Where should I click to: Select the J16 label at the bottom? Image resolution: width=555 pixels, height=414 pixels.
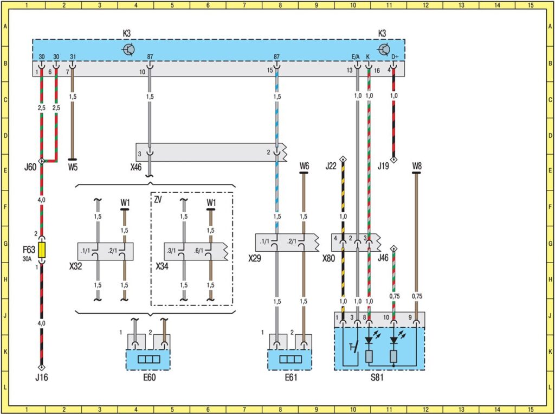(x=41, y=378)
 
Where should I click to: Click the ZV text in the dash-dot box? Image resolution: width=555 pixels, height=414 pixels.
(x=158, y=200)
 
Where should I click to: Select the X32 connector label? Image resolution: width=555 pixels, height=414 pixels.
(x=76, y=267)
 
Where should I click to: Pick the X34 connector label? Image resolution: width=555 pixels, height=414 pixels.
(x=163, y=267)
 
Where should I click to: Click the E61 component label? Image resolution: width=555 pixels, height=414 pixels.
(x=289, y=378)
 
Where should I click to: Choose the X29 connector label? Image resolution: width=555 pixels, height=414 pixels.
(x=255, y=259)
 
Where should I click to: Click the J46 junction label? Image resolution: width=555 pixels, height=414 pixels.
(x=384, y=259)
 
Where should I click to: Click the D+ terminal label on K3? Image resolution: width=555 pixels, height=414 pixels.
(x=395, y=56)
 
